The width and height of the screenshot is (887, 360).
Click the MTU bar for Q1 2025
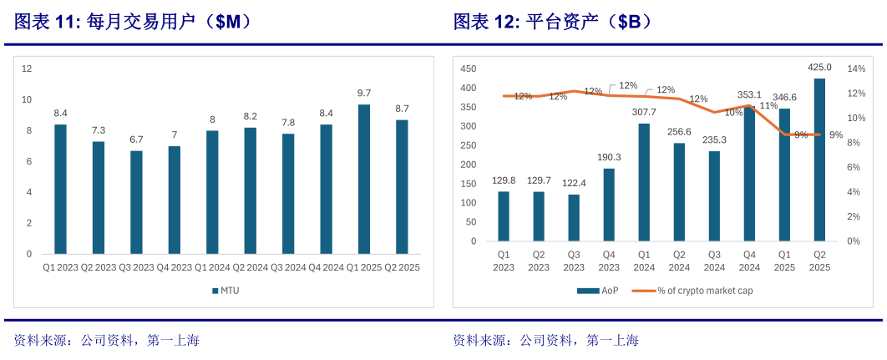click(x=363, y=179)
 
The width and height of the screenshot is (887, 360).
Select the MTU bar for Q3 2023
click(x=136, y=202)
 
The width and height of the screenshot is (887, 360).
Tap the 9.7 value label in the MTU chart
click(x=363, y=93)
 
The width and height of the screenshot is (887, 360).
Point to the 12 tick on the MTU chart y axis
click(x=27, y=68)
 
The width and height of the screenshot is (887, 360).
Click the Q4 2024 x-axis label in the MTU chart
click(x=326, y=267)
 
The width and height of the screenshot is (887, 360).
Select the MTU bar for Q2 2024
click(x=250, y=190)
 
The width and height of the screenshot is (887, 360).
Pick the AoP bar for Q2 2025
click(x=819, y=160)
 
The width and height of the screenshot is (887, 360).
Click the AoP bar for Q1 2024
click(x=644, y=182)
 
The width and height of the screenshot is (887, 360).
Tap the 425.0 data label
click(x=819, y=67)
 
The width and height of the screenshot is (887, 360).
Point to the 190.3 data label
click(x=609, y=157)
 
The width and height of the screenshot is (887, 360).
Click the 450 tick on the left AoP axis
click(x=469, y=68)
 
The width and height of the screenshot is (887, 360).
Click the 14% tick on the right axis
click(x=857, y=68)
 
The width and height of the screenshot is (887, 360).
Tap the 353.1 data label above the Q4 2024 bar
click(x=749, y=94)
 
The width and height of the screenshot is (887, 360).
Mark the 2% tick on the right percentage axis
click(x=854, y=216)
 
